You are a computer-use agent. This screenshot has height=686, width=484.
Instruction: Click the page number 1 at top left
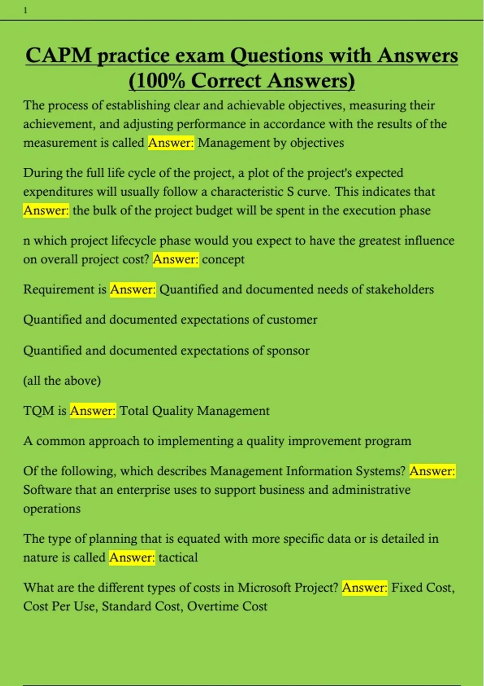coord(25,11)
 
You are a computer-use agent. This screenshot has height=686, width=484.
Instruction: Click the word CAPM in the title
coord(59,55)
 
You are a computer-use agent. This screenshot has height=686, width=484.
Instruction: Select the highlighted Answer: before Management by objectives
coord(171,143)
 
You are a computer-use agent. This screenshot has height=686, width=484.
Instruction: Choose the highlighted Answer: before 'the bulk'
coord(46,210)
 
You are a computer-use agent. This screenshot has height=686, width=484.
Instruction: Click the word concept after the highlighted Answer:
coord(223,259)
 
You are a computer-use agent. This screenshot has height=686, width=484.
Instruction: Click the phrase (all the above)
coord(62,381)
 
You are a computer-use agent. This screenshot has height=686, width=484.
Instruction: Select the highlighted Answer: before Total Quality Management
coord(93,411)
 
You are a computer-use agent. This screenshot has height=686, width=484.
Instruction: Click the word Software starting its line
coord(48,490)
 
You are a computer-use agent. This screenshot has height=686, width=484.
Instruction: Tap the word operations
coord(52,508)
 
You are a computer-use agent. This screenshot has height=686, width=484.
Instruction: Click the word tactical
coord(178,557)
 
